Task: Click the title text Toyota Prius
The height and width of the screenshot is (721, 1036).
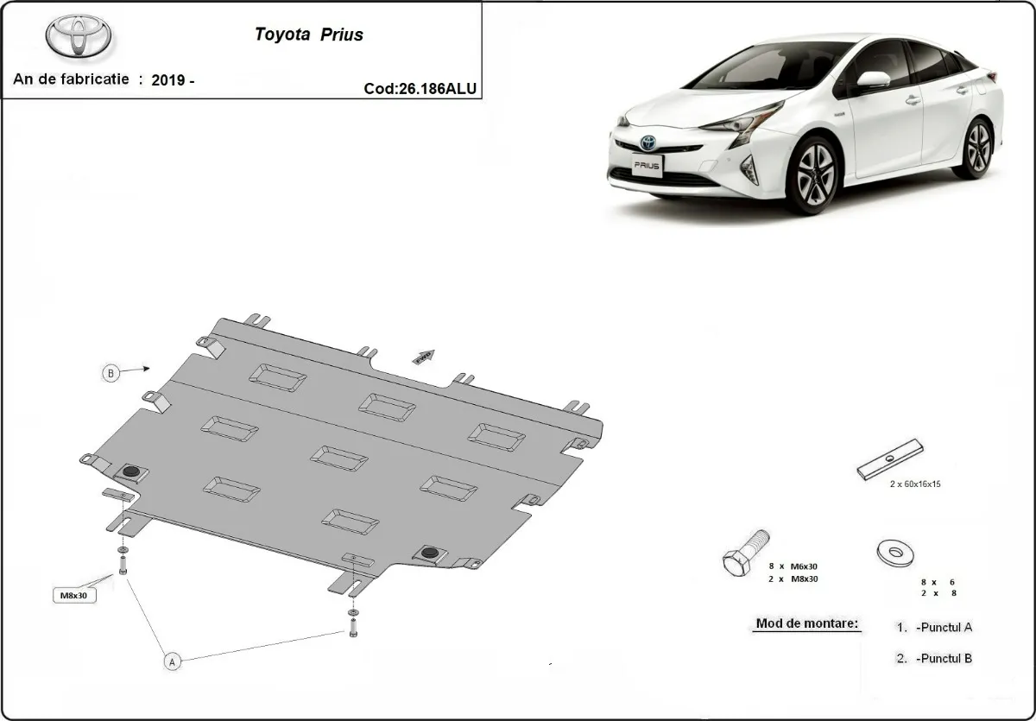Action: pyautogui.click(x=308, y=35)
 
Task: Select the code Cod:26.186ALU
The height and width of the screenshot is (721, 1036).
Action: pyautogui.click(x=420, y=87)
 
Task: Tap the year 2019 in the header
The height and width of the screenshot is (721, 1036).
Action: pyautogui.click(x=167, y=80)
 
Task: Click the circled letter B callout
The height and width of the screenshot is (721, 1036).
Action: pyautogui.click(x=111, y=373)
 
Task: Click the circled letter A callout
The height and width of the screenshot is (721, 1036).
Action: pyautogui.click(x=172, y=662)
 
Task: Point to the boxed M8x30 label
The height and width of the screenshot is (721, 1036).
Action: pyautogui.click(x=76, y=595)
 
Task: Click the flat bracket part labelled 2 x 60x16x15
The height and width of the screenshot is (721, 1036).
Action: pyautogui.click(x=890, y=459)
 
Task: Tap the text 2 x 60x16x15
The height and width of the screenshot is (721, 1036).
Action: pyautogui.click(x=915, y=484)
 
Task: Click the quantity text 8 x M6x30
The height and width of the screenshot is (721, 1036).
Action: pyautogui.click(x=793, y=566)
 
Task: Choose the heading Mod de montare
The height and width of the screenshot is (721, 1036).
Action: pyautogui.click(x=807, y=623)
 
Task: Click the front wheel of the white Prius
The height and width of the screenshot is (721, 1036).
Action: pyautogui.click(x=812, y=175)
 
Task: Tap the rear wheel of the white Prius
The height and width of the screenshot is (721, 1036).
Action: pyautogui.click(x=977, y=149)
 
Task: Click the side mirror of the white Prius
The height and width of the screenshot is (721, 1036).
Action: pyautogui.click(x=873, y=80)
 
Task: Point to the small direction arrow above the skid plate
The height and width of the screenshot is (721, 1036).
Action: pyautogui.click(x=423, y=356)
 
